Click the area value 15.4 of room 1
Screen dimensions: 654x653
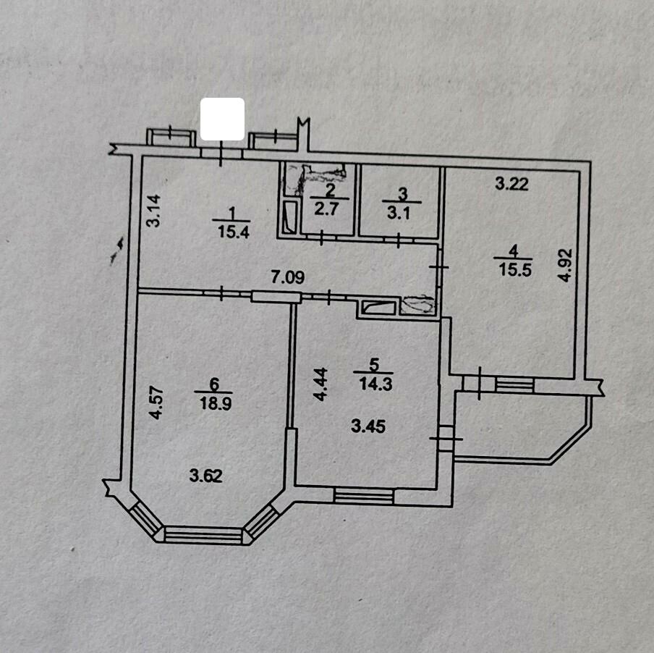coord(234,232)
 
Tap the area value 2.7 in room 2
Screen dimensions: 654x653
coord(326,208)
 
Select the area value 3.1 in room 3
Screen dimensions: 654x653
coord(399,213)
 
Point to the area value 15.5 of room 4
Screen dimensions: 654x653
coord(515,269)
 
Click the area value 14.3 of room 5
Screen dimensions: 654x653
coord(375,384)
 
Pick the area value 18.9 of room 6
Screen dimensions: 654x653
coord(216,403)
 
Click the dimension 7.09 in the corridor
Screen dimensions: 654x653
coord(288,277)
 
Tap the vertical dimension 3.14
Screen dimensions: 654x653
coord(154,211)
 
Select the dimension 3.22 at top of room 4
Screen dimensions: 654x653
coord(511,184)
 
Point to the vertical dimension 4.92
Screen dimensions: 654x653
coord(564,266)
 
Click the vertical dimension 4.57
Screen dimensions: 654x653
coord(156,403)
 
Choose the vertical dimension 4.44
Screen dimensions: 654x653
coord(320,384)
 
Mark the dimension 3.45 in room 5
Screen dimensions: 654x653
coord(368,426)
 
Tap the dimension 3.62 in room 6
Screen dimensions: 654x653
coord(206,475)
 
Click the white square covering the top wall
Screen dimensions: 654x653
coord(222,119)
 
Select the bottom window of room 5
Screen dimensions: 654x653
coord(364,496)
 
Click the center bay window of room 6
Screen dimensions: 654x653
coord(203,535)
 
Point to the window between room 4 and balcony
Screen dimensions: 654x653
coord(514,384)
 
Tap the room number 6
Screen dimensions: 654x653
coord(214,384)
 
